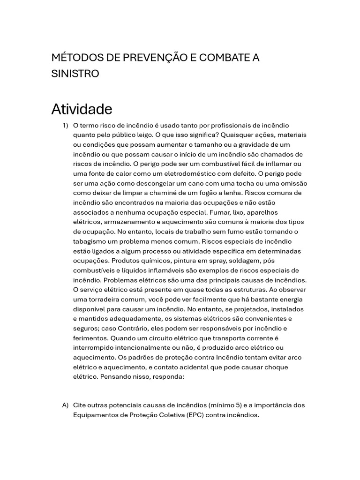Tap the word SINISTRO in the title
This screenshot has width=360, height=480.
point(75,74)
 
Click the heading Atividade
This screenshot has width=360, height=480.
point(82,109)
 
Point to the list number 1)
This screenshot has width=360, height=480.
point(65,125)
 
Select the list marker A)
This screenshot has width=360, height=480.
point(65,405)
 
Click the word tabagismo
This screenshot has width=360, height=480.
point(90,241)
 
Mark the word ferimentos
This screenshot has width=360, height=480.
point(91,338)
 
